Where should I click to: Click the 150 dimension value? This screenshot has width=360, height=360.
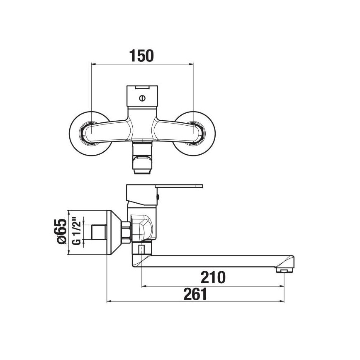tap(142, 56)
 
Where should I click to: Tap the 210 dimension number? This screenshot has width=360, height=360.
tap(213, 277)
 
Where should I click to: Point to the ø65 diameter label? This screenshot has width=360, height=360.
tap(61, 232)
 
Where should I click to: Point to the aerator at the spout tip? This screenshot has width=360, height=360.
tap(284, 270)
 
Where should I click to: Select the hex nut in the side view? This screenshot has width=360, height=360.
tap(125, 232)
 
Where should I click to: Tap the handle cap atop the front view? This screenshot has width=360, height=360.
tap(142, 89)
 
